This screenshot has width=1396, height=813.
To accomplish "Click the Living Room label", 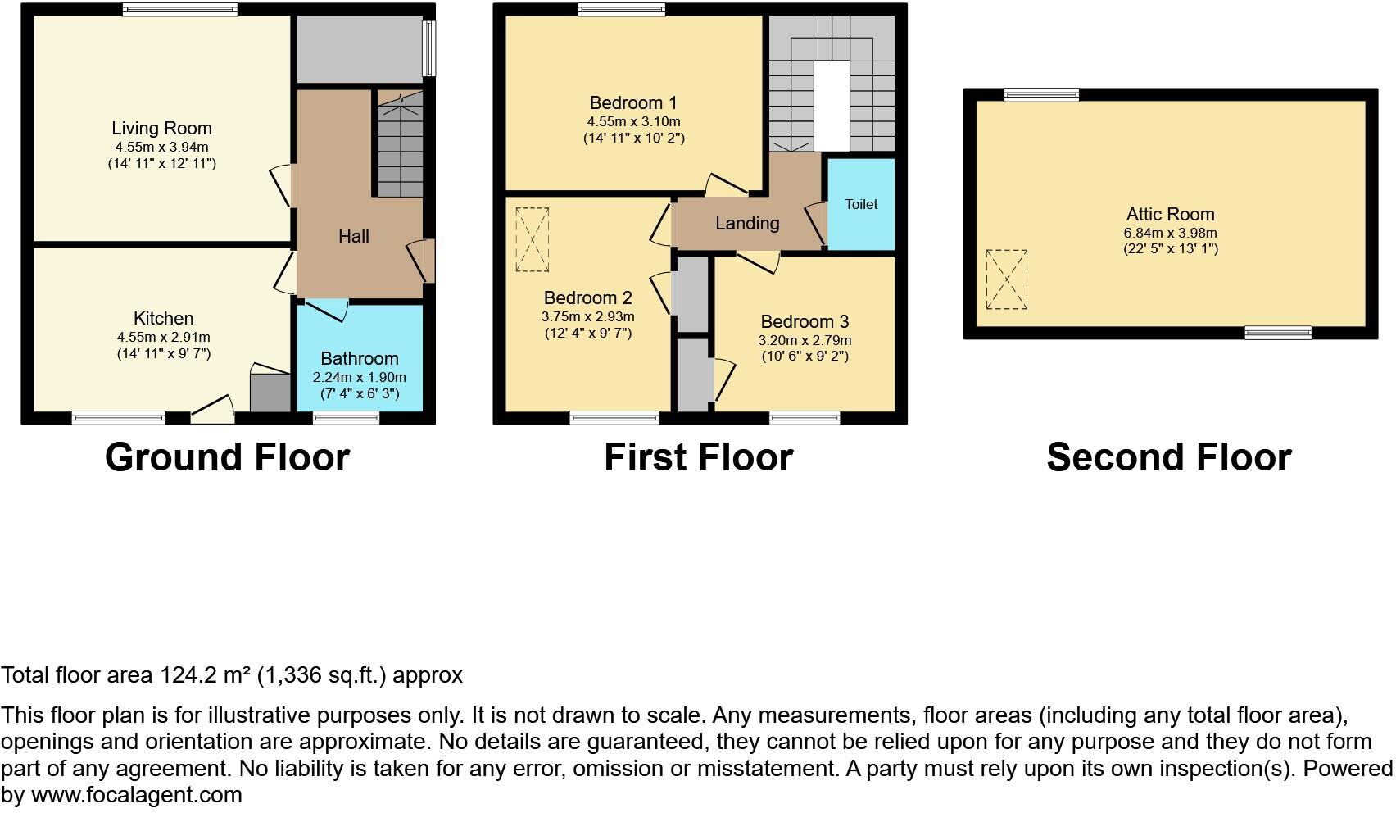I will click(x=161, y=129).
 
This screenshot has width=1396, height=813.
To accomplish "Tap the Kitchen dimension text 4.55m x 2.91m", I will click(x=163, y=337).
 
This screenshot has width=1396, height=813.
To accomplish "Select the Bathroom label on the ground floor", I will click(x=359, y=359).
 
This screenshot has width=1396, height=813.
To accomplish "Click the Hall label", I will click(x=354, y=237).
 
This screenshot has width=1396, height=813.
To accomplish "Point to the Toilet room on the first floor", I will click(x=860, y=204).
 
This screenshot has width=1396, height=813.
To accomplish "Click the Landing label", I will click(x=746, y=224).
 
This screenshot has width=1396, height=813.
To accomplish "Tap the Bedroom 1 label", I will click(x=633, y=103).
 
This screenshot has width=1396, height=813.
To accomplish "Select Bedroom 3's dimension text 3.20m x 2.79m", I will click(x=805, y=340).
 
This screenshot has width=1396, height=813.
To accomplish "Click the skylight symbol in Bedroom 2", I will click(x=532, y=239).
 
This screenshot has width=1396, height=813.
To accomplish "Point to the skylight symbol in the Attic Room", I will click(x=1006, y=279).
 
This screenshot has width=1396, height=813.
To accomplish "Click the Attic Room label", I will click(x=1169, y=215).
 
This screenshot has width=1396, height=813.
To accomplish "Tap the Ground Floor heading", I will click(x=227, y=457).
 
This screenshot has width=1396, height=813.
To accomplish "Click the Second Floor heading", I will click(x=1168, y=457).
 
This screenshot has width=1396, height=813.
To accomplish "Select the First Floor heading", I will click(x=698, y=457).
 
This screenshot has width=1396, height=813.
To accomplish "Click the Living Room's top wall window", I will click(x=180, y=10).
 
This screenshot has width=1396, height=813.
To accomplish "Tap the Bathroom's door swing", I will click(x=332, y=311).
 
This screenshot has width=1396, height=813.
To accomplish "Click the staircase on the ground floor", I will click(x=400, y=152).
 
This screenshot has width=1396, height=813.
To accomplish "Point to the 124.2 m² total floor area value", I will click(x=204, y=675).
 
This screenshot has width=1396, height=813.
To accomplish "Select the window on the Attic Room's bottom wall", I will click(x=1277, y=332).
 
